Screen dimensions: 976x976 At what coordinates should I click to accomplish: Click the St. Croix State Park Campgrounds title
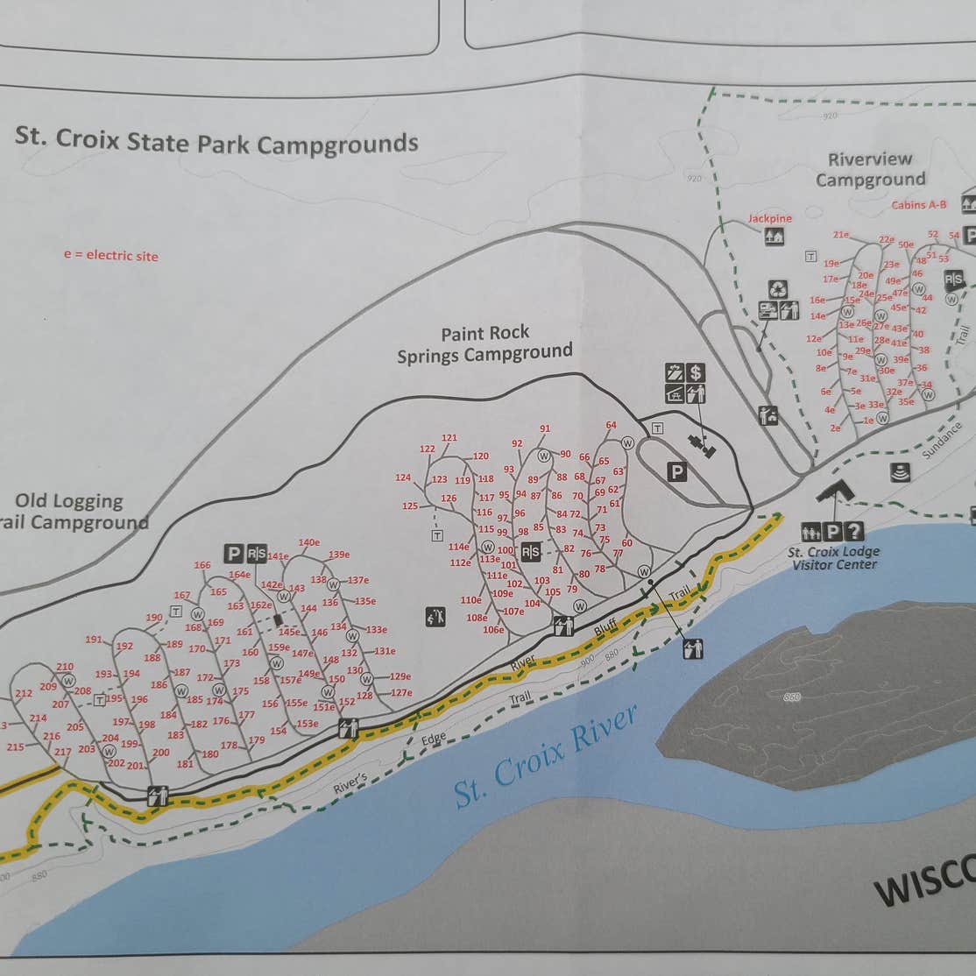point(216,141)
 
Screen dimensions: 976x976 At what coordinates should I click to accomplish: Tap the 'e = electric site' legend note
point(110,255)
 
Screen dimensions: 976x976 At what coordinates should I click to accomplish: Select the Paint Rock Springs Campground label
point(485,344)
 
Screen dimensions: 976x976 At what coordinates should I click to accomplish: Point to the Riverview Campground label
point(871,169)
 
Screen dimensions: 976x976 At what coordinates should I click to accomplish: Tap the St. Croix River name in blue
point(544,756)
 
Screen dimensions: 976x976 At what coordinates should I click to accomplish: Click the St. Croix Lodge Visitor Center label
point(834,558)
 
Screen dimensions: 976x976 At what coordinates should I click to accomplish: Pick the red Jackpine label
point(769,218)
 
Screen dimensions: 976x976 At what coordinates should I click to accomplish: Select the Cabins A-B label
point(919,205)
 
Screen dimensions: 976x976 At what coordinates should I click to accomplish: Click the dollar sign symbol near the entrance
point(697,372)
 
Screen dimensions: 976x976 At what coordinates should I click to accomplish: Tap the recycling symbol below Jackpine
point(778,288)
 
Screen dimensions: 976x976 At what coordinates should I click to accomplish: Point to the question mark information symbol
point(854,531)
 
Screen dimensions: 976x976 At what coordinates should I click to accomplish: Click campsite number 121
point(449,437)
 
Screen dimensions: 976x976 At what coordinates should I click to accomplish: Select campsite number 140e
point(309,541)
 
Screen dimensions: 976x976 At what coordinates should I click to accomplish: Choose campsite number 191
point(94,639)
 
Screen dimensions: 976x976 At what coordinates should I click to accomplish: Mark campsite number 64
point(611,425)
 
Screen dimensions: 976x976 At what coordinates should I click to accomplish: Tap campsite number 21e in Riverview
point(841,234)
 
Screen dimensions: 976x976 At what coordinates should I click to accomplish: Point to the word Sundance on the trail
point(943,440)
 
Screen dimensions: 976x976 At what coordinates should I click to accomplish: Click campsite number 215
point(16,746)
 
